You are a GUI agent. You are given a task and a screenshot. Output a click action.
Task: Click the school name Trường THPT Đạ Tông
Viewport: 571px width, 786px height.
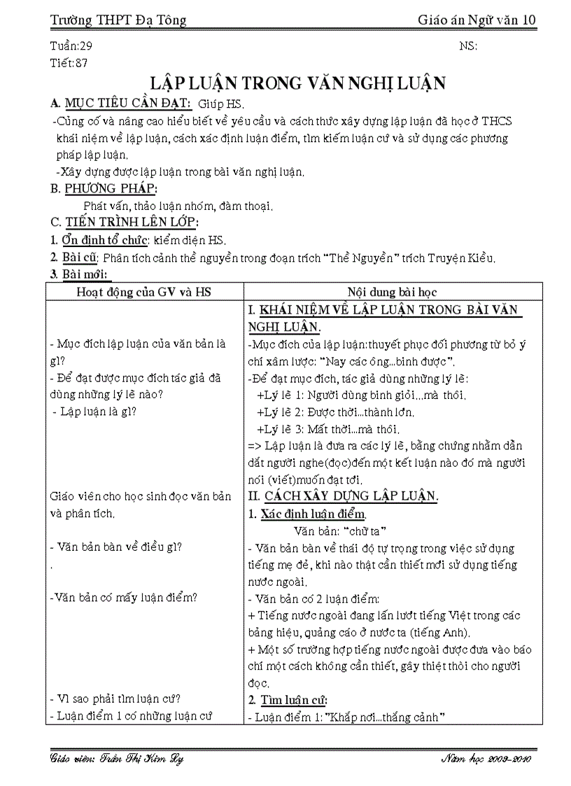(x=119, y=20)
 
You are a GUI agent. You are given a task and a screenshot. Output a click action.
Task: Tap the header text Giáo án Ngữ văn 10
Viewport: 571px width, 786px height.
(x=477, y=20)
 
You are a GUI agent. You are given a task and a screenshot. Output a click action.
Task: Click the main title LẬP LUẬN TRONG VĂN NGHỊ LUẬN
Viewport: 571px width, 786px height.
(x=299, y=83)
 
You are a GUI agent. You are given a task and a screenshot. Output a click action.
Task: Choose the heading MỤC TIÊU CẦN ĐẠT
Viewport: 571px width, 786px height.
(x=122, y=104)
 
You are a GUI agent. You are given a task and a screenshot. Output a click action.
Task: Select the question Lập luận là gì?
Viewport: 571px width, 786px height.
(x=99, y=411)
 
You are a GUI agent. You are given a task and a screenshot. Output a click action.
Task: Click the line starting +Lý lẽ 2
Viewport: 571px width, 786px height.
(x=335, y=412)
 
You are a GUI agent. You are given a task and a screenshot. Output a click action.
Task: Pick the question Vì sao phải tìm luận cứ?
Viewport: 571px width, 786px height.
(x=116, y=699)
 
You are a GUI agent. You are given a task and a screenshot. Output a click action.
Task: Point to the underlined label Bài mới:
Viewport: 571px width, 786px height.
(x=87, y=274)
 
